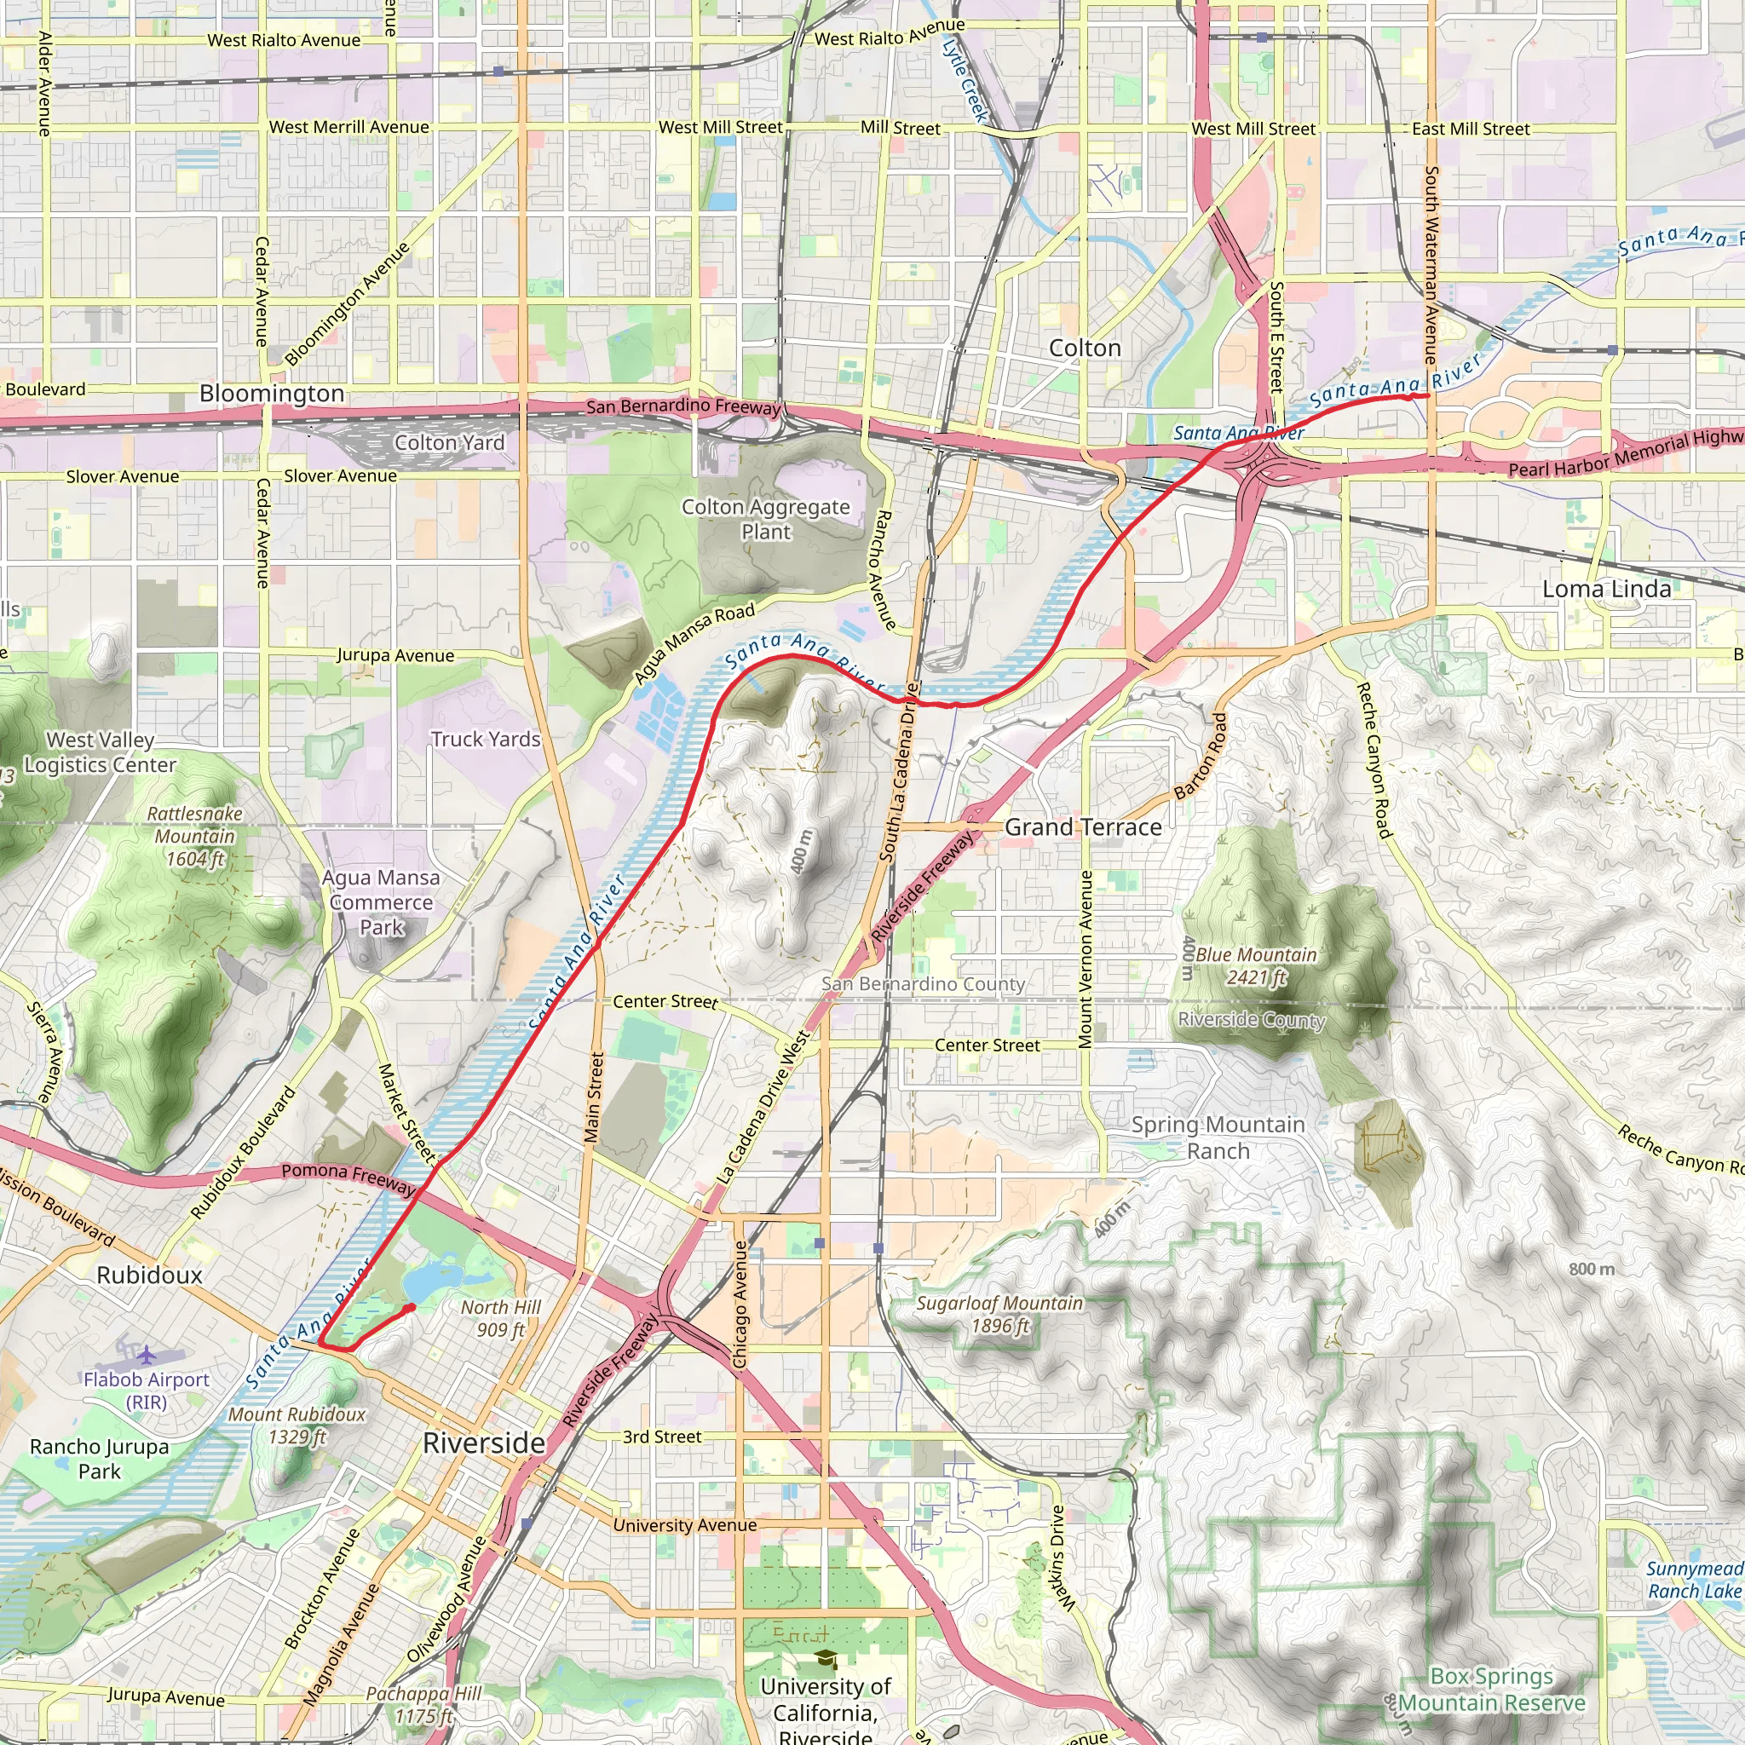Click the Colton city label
click(1084, 348)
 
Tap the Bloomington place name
click(272, 394)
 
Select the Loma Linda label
click(1606, 590)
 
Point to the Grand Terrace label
click(1083, 827)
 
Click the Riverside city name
click(484, 1443)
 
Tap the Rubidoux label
click(150, 1276)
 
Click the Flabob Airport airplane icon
click(147, 1355)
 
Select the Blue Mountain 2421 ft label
click(1255, 965)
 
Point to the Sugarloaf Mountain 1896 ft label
click(999, 1314)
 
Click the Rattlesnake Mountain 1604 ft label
click(195, 837)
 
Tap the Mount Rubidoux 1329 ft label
click(297, 1425)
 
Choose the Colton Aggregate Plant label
click(766, 520)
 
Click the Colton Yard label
click(449, 442)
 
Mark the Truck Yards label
click(485, 739)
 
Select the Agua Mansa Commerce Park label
click(381, 902)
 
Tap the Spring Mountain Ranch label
click(1218, 1138)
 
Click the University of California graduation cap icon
click(826, 1660)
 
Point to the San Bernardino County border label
click(923, 983)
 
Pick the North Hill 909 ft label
click(500, 1319)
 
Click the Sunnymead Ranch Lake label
click(1694, 1581)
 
